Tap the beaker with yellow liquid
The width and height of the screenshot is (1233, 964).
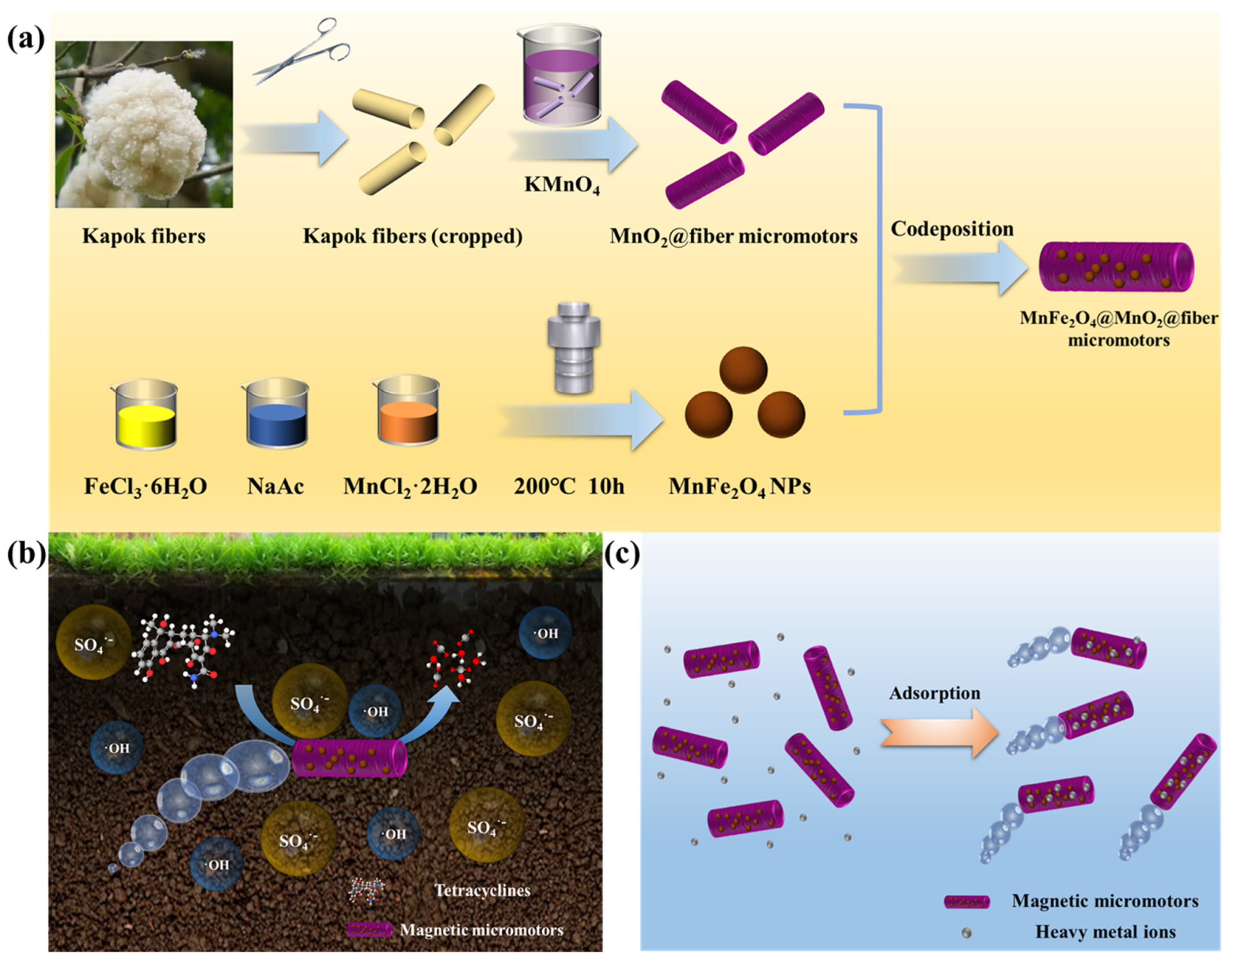(x=146, y=415)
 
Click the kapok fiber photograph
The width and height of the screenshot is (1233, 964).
(x=144, y=124)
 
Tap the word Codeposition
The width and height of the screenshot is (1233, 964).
(x=952, y=229)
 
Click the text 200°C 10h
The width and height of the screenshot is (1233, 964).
(x=569, y=486)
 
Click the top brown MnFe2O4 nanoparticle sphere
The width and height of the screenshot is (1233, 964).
(x=743, y=370)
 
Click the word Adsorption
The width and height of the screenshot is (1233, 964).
(x=934, y=693)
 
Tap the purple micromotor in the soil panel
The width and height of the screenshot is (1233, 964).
(x=349, y=758)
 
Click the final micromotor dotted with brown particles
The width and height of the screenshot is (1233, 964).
(x=1116, y=267)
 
